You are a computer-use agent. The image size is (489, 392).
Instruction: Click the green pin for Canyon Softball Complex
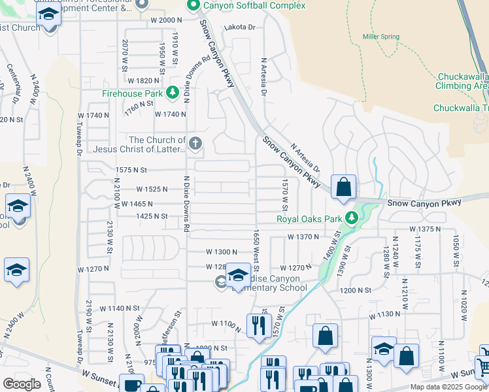[193, 6]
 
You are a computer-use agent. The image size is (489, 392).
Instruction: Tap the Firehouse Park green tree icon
[173, 93]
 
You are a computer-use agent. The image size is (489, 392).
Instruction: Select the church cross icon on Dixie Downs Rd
[194, 143]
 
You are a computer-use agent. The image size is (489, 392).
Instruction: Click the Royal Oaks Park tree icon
[352, 218]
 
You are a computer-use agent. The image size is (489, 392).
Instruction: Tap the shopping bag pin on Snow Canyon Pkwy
[343, 188]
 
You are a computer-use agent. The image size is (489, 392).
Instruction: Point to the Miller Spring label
[381, 37]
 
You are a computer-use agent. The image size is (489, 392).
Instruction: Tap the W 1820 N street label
[144, 80]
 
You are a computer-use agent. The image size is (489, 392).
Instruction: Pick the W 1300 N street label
[222, 252]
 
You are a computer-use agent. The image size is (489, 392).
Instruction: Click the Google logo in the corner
[22, 384]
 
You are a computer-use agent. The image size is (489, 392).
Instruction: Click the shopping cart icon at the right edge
[484, 367]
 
